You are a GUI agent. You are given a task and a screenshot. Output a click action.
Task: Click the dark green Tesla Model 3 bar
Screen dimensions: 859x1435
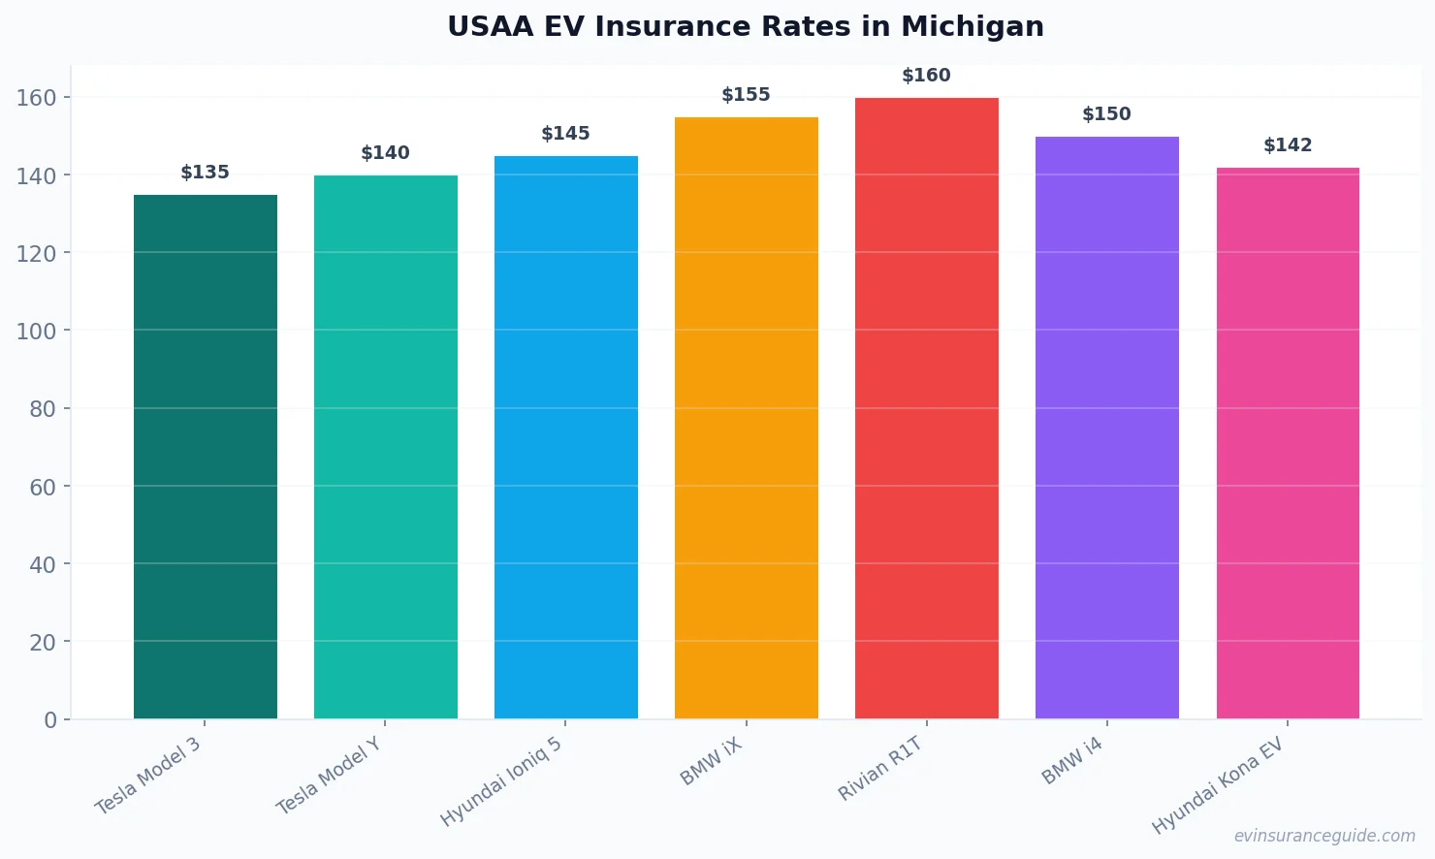[206, 456]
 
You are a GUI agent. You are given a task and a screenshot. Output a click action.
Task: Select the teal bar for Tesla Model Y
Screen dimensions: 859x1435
[386, 446]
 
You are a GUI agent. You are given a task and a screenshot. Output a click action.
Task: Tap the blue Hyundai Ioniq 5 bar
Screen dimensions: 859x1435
[566, 436]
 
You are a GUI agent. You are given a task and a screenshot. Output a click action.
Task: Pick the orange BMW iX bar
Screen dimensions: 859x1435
[747, 417]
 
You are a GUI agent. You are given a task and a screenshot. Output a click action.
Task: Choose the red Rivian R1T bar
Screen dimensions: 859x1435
[927, 407]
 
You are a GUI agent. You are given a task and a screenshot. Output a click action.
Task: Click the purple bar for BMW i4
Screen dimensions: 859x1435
[1107, 427]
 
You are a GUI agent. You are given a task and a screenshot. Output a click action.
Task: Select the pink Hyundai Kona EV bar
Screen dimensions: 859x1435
[1288, 442]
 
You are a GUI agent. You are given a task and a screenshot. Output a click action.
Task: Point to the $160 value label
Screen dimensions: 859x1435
[926, 76]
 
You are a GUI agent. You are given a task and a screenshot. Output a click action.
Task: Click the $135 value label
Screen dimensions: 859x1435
[205, 173]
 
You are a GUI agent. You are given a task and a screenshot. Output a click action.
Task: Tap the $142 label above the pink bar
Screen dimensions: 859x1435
[1288, 145]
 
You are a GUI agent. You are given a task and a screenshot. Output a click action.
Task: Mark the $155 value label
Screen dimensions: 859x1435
[746, 95]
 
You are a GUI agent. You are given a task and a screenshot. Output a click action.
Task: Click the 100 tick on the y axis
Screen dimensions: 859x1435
[36, 331]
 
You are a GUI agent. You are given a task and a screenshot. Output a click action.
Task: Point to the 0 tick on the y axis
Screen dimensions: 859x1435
[50, 720]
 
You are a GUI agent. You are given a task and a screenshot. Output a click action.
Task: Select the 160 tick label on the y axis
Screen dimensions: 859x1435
[36, 98]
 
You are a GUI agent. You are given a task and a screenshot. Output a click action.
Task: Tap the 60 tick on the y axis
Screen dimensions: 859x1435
[43, 487]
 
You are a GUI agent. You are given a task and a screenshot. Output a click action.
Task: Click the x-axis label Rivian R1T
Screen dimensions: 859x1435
[880, 769]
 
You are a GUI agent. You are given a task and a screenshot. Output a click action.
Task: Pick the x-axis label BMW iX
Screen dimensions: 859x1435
[712, 761]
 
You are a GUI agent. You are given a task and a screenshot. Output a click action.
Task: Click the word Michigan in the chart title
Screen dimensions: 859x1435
[973, 26]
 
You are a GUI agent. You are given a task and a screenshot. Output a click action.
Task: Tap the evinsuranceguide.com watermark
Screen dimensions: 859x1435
[1324, 836]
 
